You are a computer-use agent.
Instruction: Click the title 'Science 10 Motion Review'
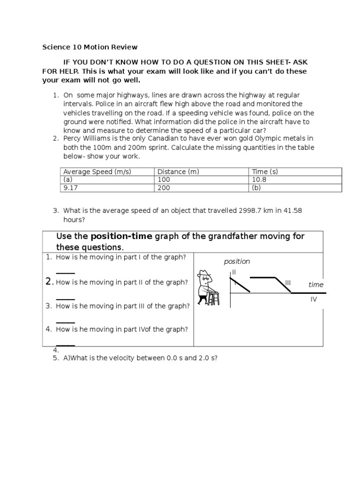pyautogui.click(x=90, y=47)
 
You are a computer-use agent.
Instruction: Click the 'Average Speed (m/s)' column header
pyautogui.click(x=97, y=172)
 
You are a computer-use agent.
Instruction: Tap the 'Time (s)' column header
pyautogui.click(x=265, y=172)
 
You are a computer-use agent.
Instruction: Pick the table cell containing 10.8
pyautogui.click(x=260, y=180)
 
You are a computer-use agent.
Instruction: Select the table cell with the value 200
pyautogui.click(x=163, y=187)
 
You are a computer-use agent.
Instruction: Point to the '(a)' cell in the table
pyautogui.click(x=68, y=180)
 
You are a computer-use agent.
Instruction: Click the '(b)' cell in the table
pyautogui.click(x=257, y=187)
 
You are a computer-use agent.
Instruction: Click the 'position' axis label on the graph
pyautogui.click(x=237, y=262)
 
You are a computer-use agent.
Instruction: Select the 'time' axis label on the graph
pyautogui.click(x=316, y=285)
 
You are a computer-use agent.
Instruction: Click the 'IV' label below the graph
pyautogui.click(x=314, y=299)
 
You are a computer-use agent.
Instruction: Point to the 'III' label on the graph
pyautogui.click(x=288, y=282)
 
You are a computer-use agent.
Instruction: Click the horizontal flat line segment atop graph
pyautogui.click(x=262, y=277)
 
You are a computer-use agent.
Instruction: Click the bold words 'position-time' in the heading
pyautogui.click(x=121, y=236)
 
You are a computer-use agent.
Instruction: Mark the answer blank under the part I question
pyautogui.click(x=65, y=273)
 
